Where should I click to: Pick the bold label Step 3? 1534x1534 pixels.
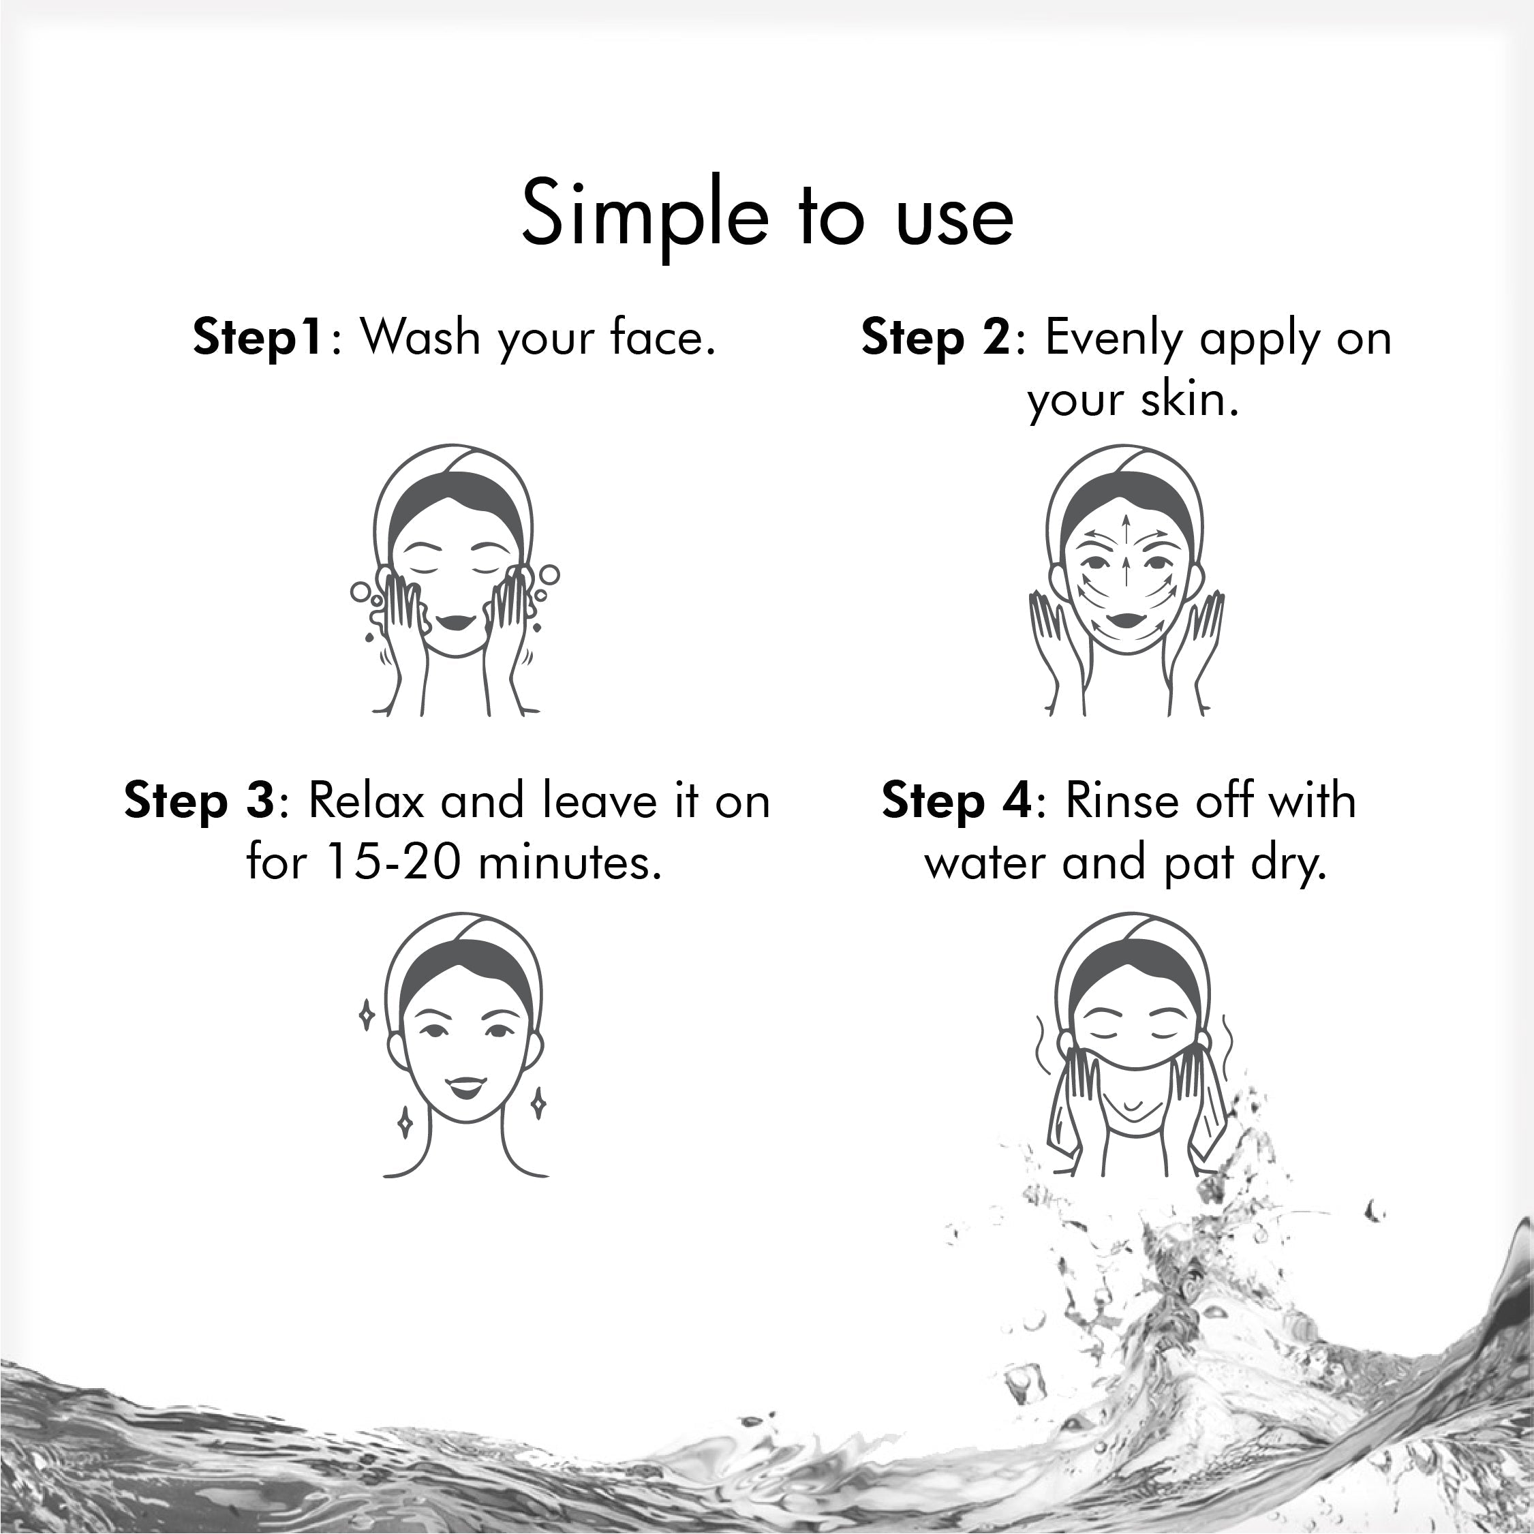pyautogui.click(x=198, y=801)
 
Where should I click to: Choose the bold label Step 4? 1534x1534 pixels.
pyautogui.click(x=957, y=801)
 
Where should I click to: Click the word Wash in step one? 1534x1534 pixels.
pyautogui.click(x=419, y=337)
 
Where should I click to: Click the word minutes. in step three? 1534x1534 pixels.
pyautogui.click(x=569, y=863)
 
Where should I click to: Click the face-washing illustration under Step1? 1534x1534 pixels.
pyautogui.click(x=454, y=580)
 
